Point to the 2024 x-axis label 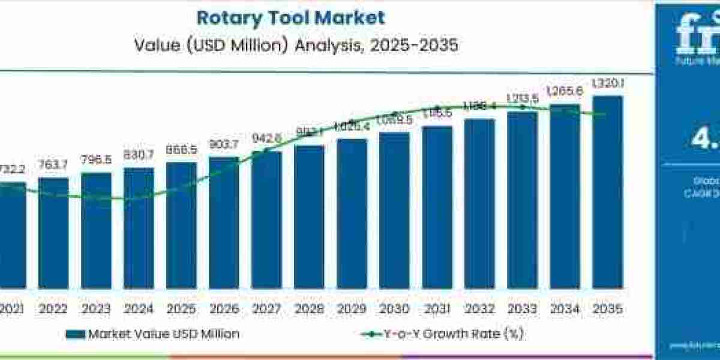[x=139, y=309]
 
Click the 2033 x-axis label [x=522, y=309]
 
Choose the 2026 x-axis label [x=224, y=309]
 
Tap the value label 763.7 [x=53, y=165]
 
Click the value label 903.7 [x=224, y=144]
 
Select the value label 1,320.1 [x=608, y=85]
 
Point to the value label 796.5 [x=96, y=160]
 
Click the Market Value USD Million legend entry [x=163, y=334]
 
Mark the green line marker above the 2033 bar [x=522, y=107]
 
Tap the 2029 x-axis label [x=352, y=309]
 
